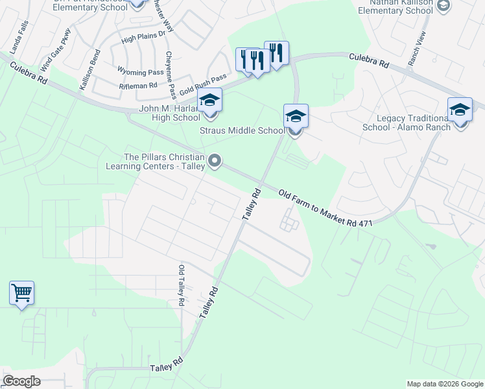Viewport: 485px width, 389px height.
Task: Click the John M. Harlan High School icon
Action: point(209,101)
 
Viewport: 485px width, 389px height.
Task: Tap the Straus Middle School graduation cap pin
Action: point(295,117)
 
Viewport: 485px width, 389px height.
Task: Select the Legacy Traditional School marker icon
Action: point(460,110)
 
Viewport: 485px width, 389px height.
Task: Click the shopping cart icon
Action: point(21,294)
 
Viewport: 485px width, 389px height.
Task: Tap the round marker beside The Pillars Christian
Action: point(215,160)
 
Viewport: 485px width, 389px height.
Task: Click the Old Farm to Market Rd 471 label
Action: point(325,209)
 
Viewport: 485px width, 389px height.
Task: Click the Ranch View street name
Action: point(416,49)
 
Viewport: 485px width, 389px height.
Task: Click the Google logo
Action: point(21,381)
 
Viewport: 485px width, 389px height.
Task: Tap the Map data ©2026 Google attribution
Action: point(444,384)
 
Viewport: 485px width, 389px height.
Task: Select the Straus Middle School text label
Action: point(242,130)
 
